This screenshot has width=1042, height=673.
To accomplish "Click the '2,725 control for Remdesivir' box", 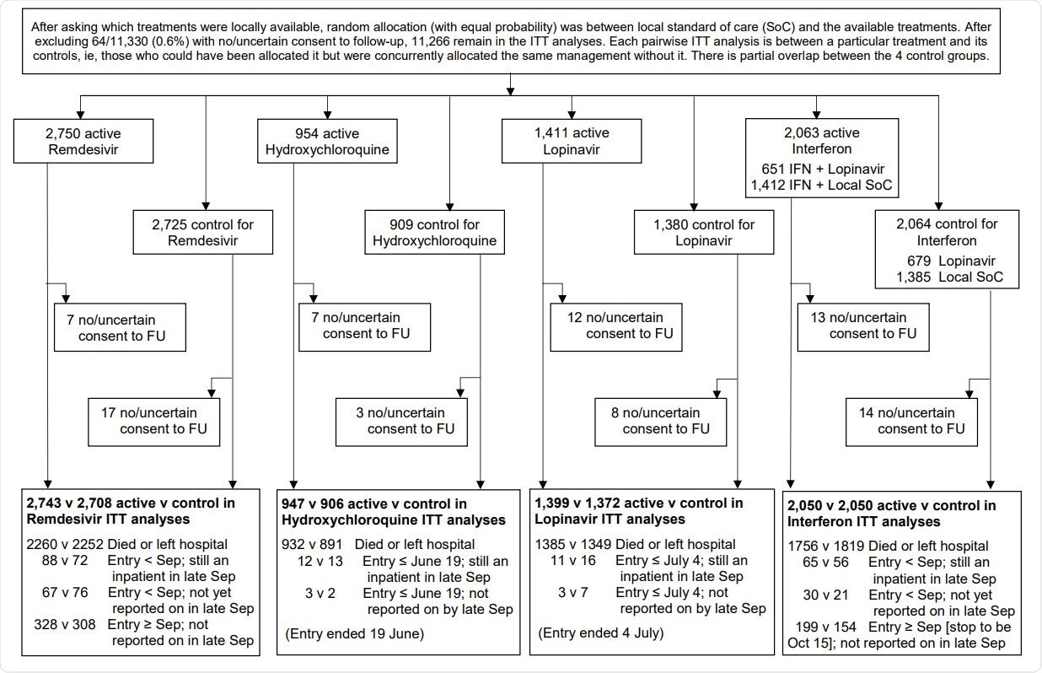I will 202,232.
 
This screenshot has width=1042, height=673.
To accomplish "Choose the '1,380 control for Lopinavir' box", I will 692,232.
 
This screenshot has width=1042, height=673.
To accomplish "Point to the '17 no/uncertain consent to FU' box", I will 154,421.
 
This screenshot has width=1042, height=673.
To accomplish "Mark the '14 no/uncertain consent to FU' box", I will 912,421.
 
